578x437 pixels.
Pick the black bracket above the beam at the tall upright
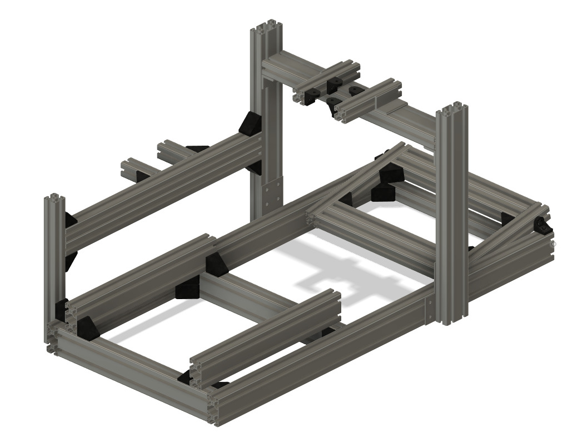click(x=251, y=123)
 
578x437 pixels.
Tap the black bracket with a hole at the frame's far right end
click(x=542, y=226)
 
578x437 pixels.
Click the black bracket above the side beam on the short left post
click(x=70, y=219)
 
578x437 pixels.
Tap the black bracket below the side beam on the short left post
click(x=69, y=261)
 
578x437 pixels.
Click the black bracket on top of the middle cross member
click(x=216, y=264)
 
